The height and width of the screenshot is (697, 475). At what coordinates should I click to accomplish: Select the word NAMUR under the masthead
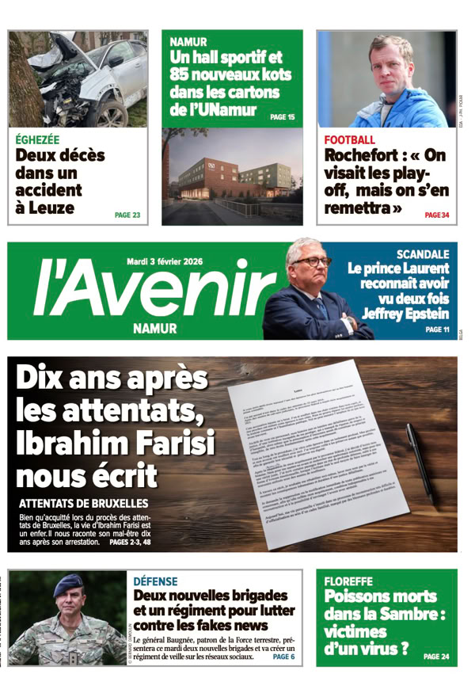[x=155, y=328]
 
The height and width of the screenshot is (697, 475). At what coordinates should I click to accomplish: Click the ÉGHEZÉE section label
[x=40, y=140]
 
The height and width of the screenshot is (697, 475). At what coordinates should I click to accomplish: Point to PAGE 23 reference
[x=127, y=215]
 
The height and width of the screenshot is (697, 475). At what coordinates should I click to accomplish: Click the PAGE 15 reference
[x=282, y=117]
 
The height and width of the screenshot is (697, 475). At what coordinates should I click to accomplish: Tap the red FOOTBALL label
[x=349, y=140]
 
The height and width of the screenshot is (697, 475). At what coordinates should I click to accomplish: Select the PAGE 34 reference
[x=436, y=215]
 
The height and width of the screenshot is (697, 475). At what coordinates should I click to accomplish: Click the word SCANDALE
[x=423, y=254]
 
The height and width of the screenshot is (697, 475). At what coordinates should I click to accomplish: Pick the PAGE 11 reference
[x=436, y=329]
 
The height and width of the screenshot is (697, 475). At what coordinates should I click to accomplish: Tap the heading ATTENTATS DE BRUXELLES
[x=83, y=504]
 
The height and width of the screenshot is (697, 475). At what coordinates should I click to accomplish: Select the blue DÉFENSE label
[x=156, y=581]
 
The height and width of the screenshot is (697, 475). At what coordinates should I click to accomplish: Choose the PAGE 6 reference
[x=283, y=657]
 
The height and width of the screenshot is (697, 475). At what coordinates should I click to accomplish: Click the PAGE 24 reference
[x=435, y=657]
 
